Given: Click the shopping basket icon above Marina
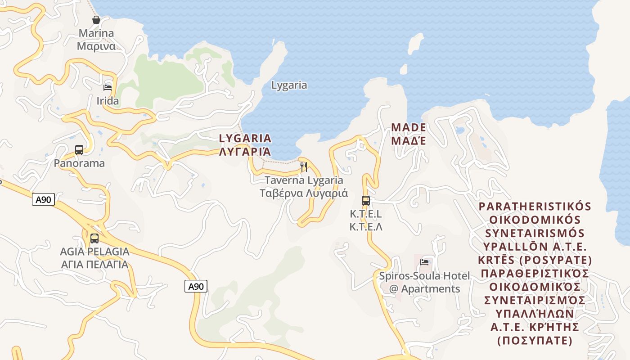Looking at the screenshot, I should click(x=96, y=20).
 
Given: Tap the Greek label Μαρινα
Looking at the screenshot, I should click(x=96, y=46).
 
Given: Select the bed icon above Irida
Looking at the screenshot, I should click(x=107, y=88).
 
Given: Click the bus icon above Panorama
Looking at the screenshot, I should click(x=79, y=150).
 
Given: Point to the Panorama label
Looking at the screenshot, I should click(x=79, y=163).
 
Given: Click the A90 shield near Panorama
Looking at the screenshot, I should click(x=43, y=200).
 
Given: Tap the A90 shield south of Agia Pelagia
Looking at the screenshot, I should click(x=196, y=286).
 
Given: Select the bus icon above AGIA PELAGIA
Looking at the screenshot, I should click(x=94, y=238).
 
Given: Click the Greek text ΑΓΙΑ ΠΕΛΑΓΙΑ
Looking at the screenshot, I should click(x=94, y=265).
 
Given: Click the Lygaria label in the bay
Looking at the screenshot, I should click(x=289, y=85).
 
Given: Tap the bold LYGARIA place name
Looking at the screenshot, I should click(x=245, y=138).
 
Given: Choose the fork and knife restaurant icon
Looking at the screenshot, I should click(x=304, y=167).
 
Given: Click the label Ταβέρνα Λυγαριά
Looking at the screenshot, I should click(x=304, y=193).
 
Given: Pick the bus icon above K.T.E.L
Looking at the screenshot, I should click(x=366, y=201).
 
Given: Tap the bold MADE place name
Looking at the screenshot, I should click(x=408, y=127).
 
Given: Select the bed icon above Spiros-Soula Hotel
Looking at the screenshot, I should click(x=424, y=262).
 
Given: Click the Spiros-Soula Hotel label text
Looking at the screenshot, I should click(x=424, y=276).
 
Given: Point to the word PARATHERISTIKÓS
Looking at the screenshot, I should click(x=535, y=207).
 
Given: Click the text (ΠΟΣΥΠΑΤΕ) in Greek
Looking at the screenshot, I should click(x=535, y=341).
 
